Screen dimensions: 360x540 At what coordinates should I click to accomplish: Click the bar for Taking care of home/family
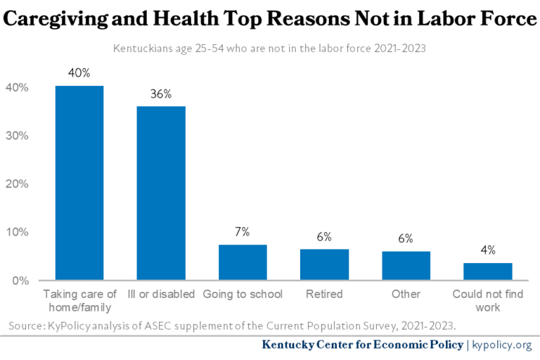point(79,183)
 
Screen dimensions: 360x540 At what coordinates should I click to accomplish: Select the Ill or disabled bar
point(161,193)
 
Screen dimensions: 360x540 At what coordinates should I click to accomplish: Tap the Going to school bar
point(243,262)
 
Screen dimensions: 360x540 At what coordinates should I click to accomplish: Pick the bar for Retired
point(324,264)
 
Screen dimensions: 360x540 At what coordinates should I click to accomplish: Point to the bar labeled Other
point(406,265)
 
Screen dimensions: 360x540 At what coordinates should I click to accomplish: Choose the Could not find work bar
point(488,271)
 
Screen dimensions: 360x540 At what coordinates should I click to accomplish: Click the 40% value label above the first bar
point(79,73)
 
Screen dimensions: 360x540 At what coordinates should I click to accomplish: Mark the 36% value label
point(161,94)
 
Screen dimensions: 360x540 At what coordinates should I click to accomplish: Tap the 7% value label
point(243,232)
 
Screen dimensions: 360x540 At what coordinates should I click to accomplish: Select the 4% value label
point(488,250)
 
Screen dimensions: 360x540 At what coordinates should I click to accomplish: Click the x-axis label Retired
point(324,294)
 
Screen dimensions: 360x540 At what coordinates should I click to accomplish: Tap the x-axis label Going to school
point(243,294)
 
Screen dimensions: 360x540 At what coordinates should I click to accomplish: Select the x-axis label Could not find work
point(488,300)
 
